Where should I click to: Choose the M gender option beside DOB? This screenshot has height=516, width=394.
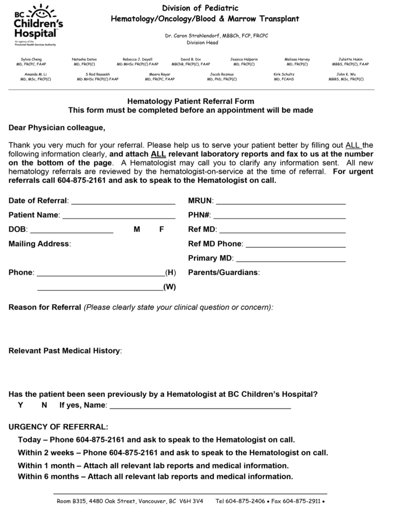click(137, 230)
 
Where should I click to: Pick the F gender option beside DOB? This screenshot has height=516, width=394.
click(162, 230)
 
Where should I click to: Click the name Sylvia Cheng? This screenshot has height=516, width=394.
click(31, 60)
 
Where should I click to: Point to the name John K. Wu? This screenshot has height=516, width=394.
click(346, 75)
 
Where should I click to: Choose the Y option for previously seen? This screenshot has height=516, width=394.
click(21, 405)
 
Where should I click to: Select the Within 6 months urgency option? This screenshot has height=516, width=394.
click(155, 476)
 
